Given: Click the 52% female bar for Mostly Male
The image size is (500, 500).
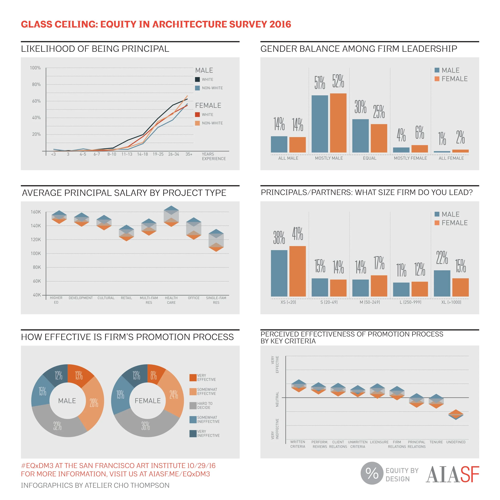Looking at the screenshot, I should tap(338, 123).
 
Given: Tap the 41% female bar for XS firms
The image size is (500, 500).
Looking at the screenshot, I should tap(297, 271).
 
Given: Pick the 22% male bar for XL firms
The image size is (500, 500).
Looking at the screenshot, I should tap(442, 283).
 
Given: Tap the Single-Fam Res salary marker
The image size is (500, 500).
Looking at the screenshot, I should tap(216, 240).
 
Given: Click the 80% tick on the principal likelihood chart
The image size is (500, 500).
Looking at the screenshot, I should tap(36, 84).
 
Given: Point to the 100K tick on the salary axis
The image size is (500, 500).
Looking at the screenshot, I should tap(36, 253).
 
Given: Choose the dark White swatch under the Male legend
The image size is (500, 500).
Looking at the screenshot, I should tap(197, 79).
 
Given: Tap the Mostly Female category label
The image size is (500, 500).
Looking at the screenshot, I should tap(410, 158).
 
